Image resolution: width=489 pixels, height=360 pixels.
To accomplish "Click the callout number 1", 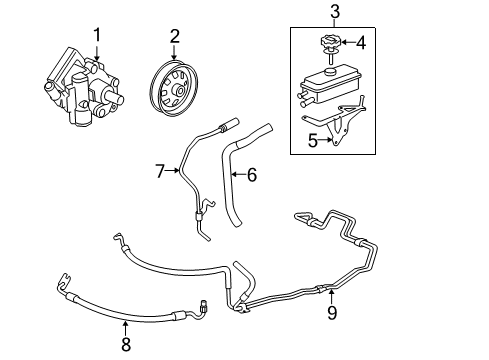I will click(x=97, y=36).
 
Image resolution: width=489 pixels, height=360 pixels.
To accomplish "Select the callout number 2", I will click(x=174, y=36).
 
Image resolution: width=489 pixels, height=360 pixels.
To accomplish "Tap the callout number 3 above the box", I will click(x=335, y=13).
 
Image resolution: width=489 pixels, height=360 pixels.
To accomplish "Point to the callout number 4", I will click(x=362, y=43).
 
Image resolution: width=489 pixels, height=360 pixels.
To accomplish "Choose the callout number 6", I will click(x=252, y=175).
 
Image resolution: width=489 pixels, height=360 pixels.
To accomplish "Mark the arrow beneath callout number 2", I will click(x=174, y=55).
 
